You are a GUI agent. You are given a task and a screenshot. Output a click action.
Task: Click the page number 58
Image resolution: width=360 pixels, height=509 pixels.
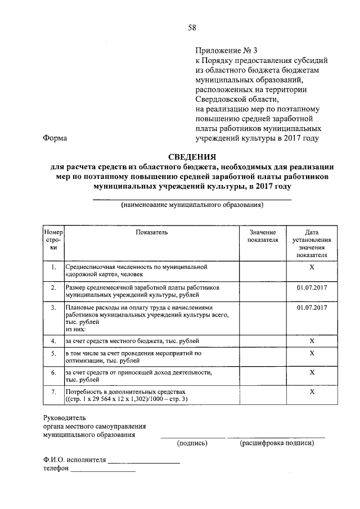point(192,28)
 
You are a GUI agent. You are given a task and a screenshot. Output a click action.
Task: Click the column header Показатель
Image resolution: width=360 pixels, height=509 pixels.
point(151,232)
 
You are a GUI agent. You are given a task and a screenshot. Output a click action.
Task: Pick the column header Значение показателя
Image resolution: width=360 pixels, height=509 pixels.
point(263,236)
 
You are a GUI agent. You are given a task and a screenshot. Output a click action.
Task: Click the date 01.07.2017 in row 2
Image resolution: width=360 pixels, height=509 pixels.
point(311,287)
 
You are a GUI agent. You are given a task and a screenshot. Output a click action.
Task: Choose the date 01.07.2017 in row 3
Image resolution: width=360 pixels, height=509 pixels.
point(311,308)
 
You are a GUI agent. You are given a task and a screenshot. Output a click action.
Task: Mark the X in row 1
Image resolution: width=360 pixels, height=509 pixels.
point(311,266)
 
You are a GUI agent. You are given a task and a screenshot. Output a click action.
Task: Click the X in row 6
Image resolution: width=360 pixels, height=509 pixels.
point(311,372)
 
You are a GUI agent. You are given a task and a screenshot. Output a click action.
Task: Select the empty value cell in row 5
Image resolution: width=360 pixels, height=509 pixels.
point(263,357)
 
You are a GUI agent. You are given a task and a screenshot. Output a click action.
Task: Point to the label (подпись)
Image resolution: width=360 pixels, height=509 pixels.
point(192,443)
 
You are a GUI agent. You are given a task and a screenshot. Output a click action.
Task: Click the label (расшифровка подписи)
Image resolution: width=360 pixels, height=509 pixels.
point(277,443)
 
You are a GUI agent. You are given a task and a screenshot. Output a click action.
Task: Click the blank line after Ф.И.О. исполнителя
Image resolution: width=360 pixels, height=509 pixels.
point(144,462)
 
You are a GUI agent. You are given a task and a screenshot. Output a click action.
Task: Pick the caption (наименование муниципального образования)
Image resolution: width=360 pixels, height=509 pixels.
point(192,206)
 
